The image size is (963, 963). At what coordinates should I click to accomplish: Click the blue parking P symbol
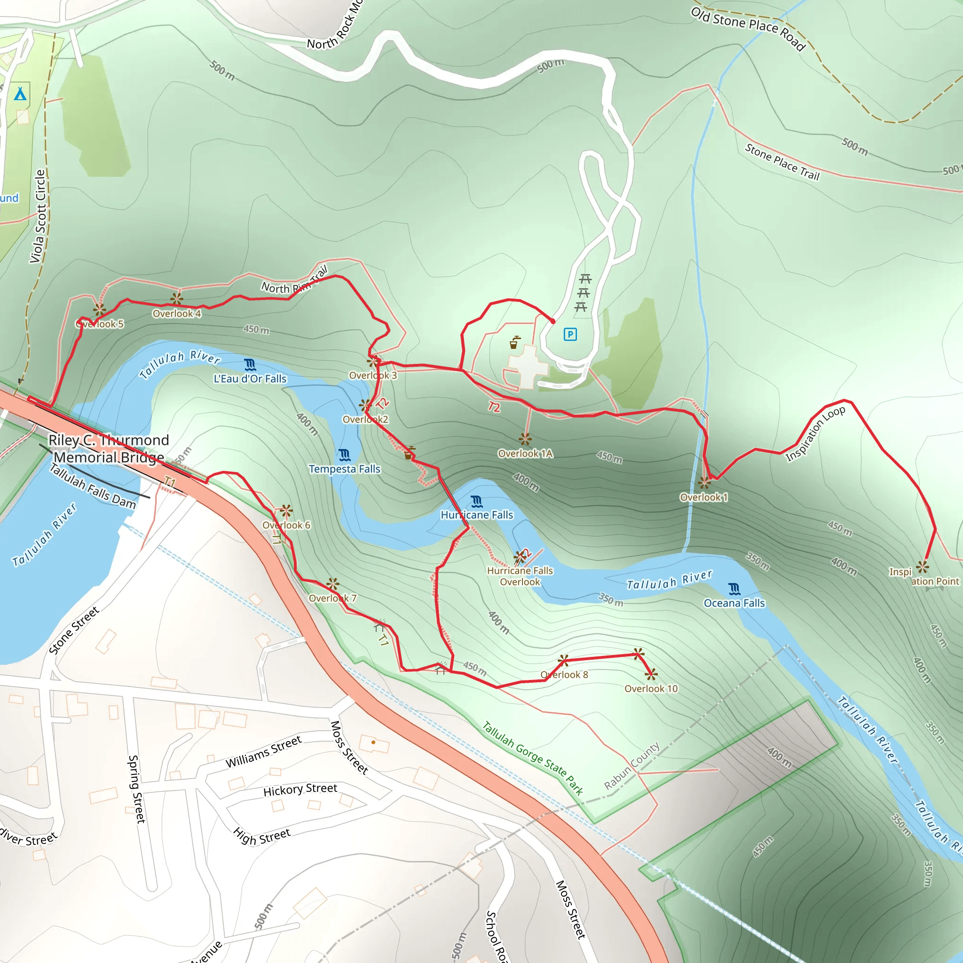(570, 334)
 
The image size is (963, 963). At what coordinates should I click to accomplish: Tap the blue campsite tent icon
(20, 94)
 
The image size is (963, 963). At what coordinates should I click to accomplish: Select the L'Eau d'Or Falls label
(250, 379)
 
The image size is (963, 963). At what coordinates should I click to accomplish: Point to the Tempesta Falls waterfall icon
(344, 455)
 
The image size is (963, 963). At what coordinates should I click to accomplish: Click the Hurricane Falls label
(476, 515)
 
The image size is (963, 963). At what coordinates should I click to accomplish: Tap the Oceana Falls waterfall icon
(734, 589)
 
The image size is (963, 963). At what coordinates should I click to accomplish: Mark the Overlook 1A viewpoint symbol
(525, 439)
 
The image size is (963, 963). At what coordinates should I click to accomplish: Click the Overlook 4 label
(176, 314)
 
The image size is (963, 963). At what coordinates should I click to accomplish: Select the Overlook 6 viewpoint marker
(285, 510)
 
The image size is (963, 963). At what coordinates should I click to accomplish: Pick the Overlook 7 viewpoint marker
(333, 584)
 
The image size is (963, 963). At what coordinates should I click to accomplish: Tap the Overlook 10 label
(651, 688)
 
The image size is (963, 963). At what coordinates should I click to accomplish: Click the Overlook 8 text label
(564, 674)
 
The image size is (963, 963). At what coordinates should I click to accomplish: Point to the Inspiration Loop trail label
(815, 434)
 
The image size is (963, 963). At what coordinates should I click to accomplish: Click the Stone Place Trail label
(782, 161)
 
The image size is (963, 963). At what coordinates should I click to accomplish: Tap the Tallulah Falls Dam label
(93, 487)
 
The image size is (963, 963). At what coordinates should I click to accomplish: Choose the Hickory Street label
(300, 789)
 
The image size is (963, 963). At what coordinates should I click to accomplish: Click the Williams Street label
(264, 752)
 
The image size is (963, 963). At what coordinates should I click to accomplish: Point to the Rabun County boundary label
(631, 766)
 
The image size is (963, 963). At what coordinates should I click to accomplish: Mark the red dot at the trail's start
(553, 322)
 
